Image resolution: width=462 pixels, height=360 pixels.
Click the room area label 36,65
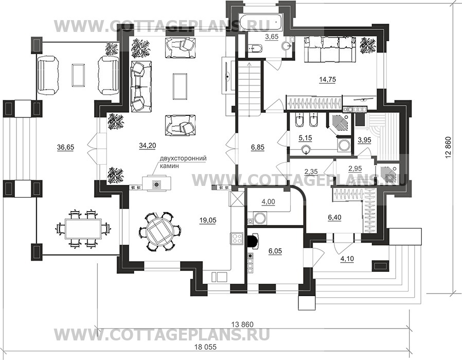tap(65, 147)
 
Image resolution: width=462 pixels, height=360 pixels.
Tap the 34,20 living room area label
tap(147, 145)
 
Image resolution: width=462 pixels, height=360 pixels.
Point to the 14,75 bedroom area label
tap(327, 79)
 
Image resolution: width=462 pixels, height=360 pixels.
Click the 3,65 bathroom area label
tap(272, 37)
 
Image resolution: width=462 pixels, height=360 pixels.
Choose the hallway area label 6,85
tap(258, 147)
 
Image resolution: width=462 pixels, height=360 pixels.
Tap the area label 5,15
tap(305, 138)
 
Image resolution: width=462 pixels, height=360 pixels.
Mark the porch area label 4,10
tap(347, 259)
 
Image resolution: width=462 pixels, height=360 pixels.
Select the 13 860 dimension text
tap(242, 324)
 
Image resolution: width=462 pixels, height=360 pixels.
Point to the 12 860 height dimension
tap(449, 147)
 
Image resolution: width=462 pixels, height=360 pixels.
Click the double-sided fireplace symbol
tap(156, 184)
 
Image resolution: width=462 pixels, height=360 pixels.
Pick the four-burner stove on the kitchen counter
tap(237, 238)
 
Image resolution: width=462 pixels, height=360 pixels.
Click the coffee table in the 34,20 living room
tap(180, 86)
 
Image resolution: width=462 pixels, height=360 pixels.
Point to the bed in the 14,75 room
tap(330, 49)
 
